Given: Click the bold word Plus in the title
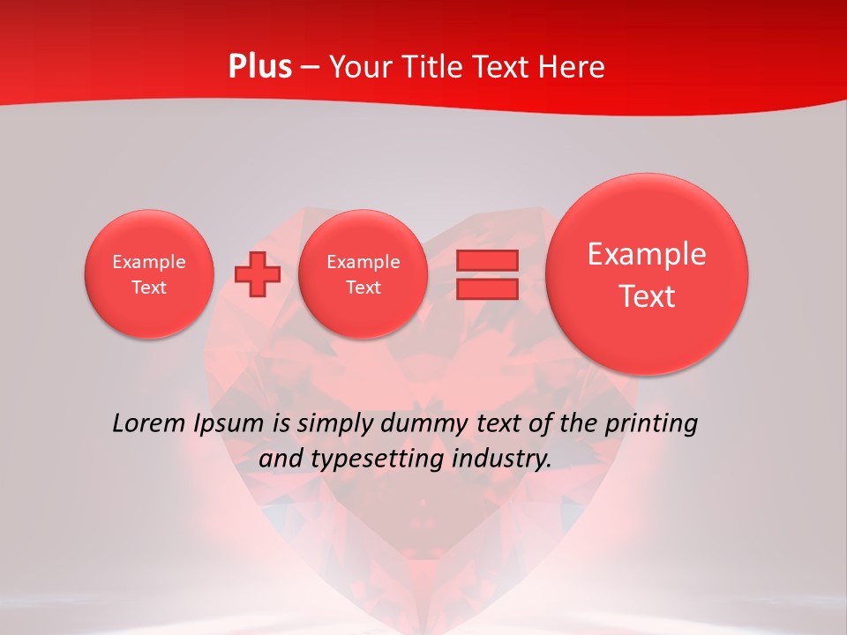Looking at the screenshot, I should [259, 67].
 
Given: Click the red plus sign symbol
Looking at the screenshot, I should [258, 274].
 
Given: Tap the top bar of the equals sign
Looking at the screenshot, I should [486, 260].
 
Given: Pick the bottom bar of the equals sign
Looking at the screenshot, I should [486, 288].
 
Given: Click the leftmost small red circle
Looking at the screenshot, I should [149, 273].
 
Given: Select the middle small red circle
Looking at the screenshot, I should [364, 273].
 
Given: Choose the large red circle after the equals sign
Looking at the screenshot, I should [647, 273].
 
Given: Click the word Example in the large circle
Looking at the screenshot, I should [647, 254].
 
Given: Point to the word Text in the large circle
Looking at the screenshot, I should [647, 296].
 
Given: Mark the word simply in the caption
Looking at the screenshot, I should [334, 424].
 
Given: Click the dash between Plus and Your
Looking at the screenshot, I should [310, 67].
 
